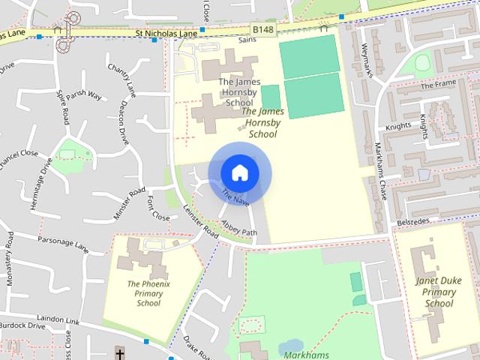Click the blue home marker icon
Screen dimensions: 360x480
coord(239,173)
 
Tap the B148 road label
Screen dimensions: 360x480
coord(262,29)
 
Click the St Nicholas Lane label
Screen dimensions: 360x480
coord(166,34)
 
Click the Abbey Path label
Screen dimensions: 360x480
coord(239,228)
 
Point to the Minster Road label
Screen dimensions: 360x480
coord(128,203)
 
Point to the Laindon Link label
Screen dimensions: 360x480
coord(62,319)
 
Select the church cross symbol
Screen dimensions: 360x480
coord(120,352)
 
